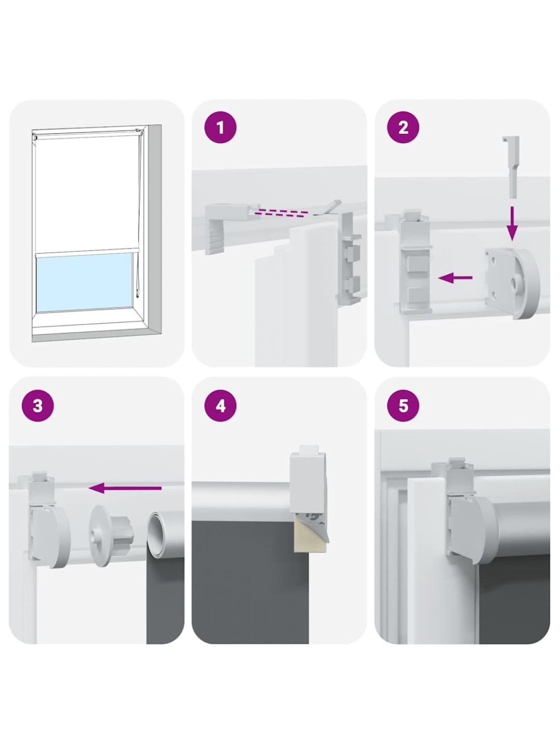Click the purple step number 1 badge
pyautogui.click(x=220, y=128)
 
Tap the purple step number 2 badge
pyautogui.click(x=403, y=128)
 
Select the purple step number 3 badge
pyautogui.click(x=38, y=406)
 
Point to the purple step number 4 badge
pyautogui.click(x=220, y=406)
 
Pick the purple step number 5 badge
pyautogui.click(x=403, y=406)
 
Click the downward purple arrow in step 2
pyautogui.click(x=511, y=224)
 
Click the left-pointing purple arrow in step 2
pyautogui.click(x=455, y=278)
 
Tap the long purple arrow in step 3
pyautogui.click(x=125, y=488)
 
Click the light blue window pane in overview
pyautogui.click(x=83, y=282)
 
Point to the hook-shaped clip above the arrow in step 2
pyautogui.click(x=510, y=167)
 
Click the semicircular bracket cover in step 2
pyautogui.click(x=512, y=283)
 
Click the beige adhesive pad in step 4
pyautogui.click(x=303, y=541)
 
